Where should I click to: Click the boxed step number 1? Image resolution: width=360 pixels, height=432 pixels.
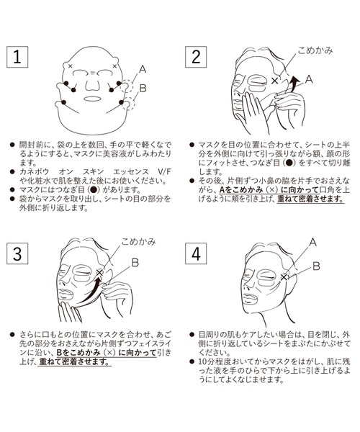17,57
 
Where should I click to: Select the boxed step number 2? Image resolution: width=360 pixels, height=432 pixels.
196,57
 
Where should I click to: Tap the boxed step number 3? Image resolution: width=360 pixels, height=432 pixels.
17,253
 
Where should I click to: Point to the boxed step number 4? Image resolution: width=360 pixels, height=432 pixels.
196,253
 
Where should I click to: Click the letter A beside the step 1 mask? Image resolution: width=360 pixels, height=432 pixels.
143,69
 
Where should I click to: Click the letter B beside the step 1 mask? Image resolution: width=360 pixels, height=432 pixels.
143,89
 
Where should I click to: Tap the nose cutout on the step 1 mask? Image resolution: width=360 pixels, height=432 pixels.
92,84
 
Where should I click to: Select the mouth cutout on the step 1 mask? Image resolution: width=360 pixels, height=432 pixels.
93,99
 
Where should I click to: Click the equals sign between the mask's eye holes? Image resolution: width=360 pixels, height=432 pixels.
93,73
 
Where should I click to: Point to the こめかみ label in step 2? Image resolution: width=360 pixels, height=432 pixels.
315,50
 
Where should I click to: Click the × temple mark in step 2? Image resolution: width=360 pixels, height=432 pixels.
274,81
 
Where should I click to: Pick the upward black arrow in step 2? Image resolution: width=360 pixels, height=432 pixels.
293,84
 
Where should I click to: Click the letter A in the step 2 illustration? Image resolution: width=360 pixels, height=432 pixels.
309,79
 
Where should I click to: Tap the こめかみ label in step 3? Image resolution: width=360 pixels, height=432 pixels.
138,242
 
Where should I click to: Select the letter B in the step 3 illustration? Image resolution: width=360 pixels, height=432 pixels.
135,263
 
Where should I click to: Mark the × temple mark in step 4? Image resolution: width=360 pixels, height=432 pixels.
284,277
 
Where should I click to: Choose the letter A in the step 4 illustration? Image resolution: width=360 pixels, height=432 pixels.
312,242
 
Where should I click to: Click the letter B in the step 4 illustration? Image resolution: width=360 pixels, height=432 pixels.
316,266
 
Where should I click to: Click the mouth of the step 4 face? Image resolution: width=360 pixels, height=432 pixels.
250,298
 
